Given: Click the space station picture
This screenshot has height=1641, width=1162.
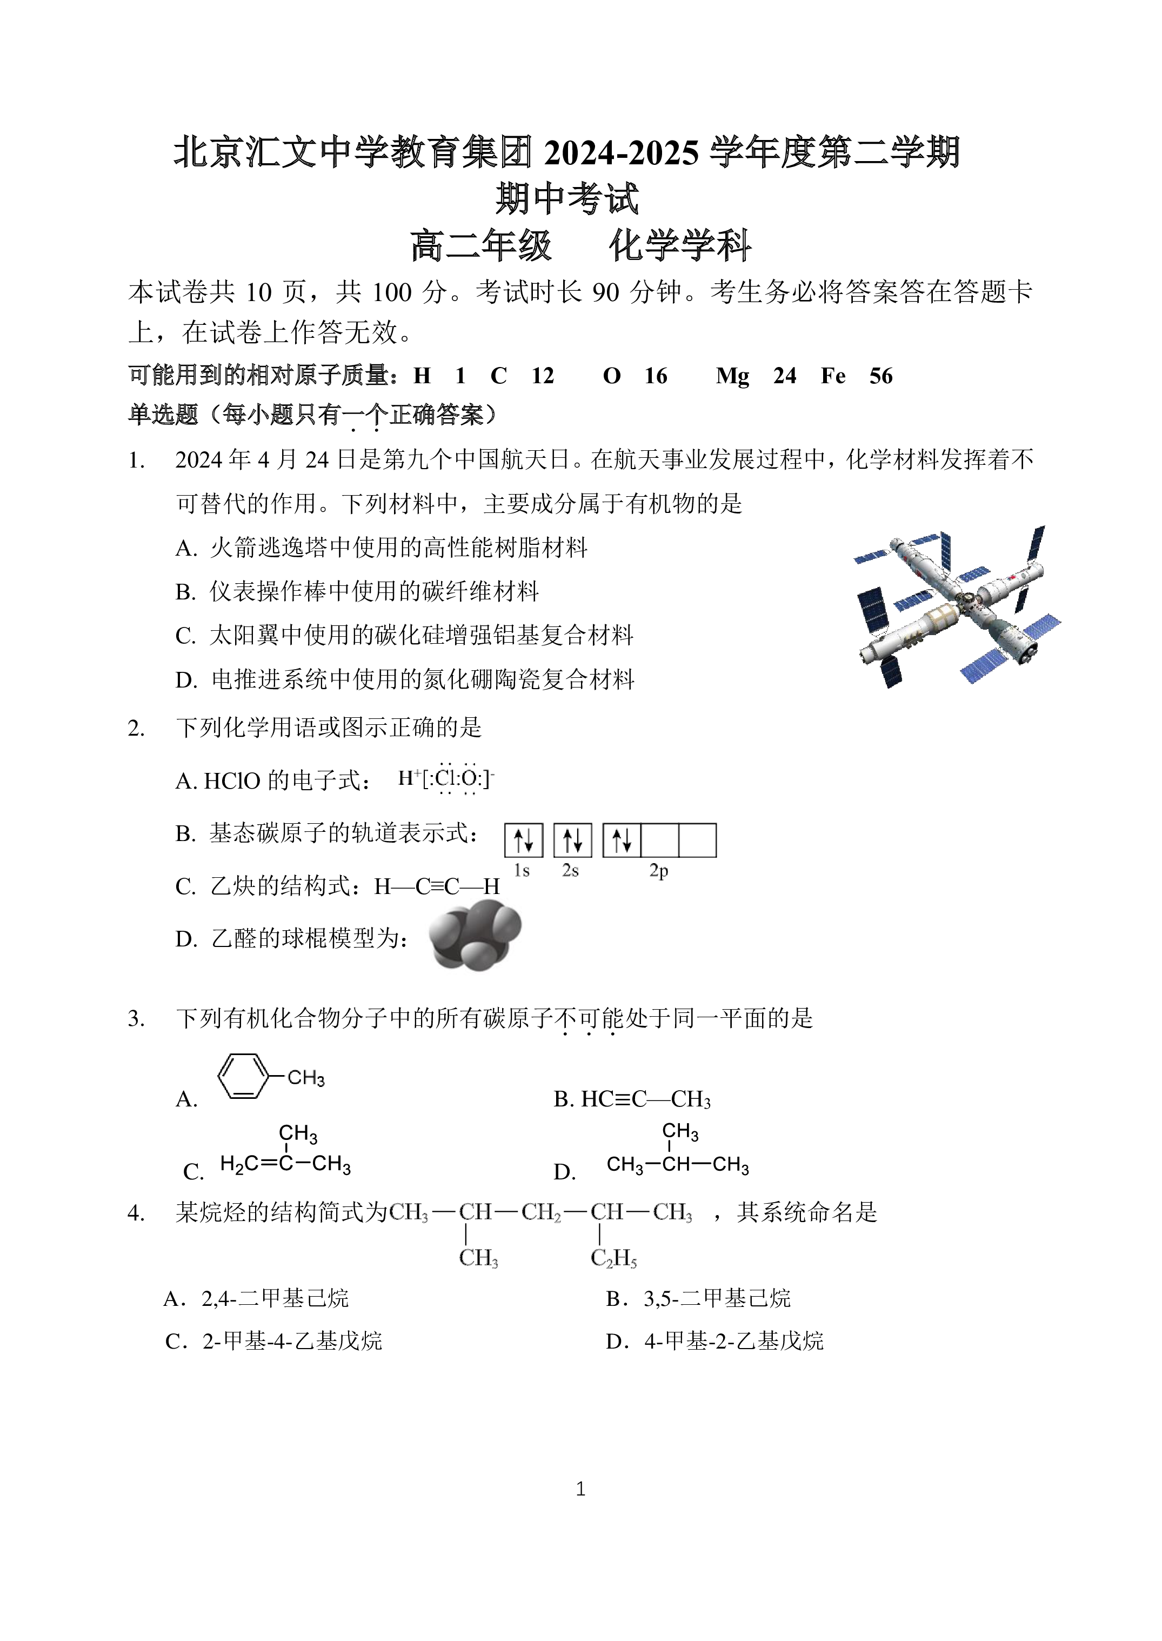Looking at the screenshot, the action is (957, 608).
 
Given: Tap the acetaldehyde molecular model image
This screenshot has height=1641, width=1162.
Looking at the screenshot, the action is (475, 935).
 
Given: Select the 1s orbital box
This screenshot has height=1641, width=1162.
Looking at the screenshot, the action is (524, 840).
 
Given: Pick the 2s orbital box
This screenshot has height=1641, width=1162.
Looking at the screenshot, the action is (572, 840).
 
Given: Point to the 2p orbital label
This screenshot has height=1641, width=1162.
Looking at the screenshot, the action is (658, 871).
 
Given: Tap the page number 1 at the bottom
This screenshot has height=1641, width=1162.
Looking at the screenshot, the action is (580, 1489).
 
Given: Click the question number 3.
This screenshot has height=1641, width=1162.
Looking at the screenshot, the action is (136, 1018).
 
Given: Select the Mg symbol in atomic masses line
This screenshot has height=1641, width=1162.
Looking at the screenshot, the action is (732, 376).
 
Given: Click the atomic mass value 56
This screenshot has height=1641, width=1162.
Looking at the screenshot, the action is (881, 376).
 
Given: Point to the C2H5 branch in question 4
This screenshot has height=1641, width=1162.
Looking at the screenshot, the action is (613, 1258).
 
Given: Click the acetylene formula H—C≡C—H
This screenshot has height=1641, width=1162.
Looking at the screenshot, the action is (437, 886).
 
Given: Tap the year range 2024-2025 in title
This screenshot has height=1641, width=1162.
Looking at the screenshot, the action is (621, 152).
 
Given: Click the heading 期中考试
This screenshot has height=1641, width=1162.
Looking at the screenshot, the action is (567, 198).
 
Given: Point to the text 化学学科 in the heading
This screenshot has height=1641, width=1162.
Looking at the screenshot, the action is (680, 245).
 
